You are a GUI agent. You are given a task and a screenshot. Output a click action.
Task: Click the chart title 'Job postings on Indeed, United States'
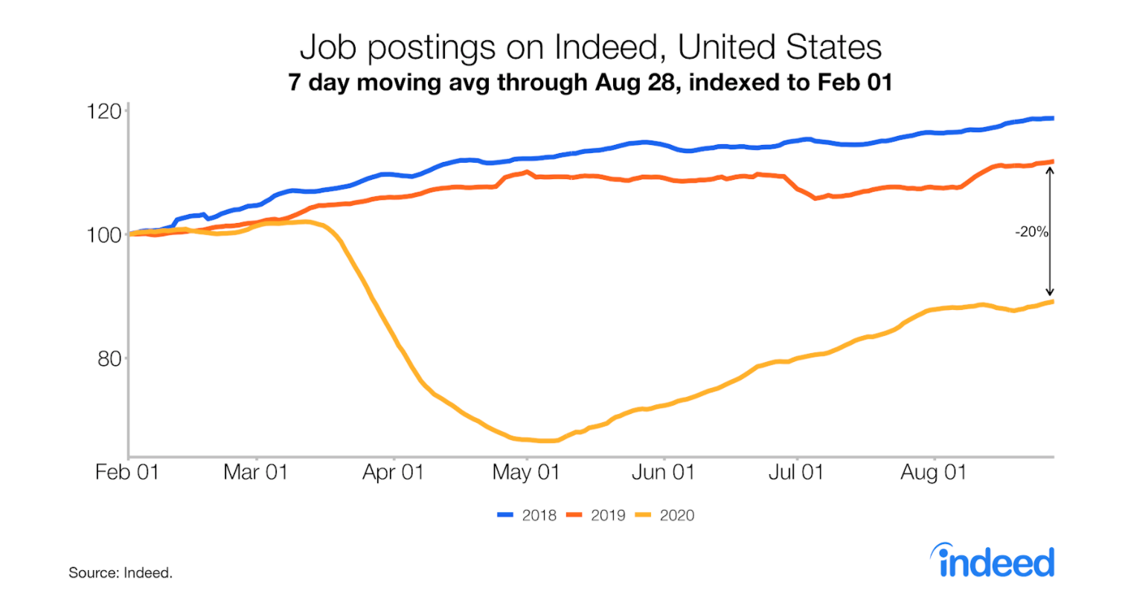click(x=590, y=48)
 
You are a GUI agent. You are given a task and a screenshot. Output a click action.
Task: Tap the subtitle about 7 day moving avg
click(x=590, y=82)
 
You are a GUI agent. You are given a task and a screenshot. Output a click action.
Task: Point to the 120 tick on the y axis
click(x=104, y=111)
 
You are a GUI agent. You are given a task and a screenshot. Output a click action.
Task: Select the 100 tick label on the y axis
click(x=104, y=235)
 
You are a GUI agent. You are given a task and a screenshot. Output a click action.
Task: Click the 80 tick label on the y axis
click(x=109, y=359)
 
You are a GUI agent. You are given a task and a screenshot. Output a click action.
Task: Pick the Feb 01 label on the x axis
click(x=127, y=472)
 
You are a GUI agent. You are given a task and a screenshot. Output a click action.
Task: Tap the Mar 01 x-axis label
click(x=255, y=472)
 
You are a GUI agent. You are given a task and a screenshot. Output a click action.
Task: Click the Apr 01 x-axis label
click(x=393, y=472)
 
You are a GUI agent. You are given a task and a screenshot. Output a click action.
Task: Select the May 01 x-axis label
click(x=525, y=472)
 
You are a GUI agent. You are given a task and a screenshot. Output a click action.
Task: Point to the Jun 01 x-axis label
click(x=663, y=472)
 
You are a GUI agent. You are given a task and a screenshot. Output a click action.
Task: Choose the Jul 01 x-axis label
click(x=795, y=472)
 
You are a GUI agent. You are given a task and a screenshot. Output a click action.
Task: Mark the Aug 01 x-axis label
click(x=933, y=472)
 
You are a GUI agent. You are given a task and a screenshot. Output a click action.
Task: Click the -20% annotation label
click(x=1031, y=232)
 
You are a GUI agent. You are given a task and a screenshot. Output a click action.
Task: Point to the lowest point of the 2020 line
click(x=547, y=441)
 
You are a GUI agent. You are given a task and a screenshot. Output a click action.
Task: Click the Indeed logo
click(x=993, y=561)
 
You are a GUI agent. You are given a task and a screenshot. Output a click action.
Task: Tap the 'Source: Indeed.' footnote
click(x=121, y=572)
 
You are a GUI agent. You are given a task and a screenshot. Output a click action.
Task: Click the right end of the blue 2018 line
click(x=1052, y=118)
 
